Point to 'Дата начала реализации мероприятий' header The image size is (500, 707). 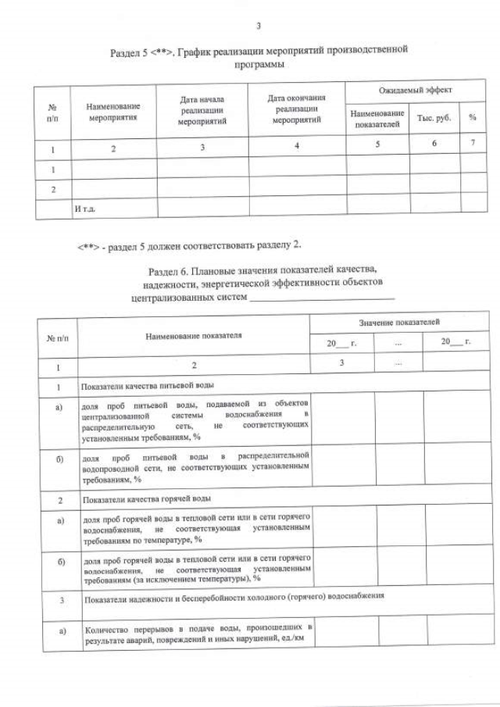[x=202, y=111]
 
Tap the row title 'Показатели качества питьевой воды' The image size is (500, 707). [x=143, y=386]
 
